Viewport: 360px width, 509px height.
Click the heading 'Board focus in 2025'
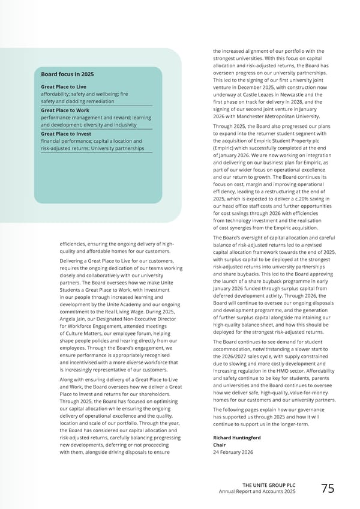[67, 74]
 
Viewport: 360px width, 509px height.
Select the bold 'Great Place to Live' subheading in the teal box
[63, 87]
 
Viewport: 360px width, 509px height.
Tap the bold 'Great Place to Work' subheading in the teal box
[65, 110]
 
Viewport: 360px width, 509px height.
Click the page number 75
[328, 489]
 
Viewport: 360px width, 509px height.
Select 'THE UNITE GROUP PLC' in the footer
[269, 485]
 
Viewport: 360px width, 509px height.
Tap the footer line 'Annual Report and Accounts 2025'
[257, 493]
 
